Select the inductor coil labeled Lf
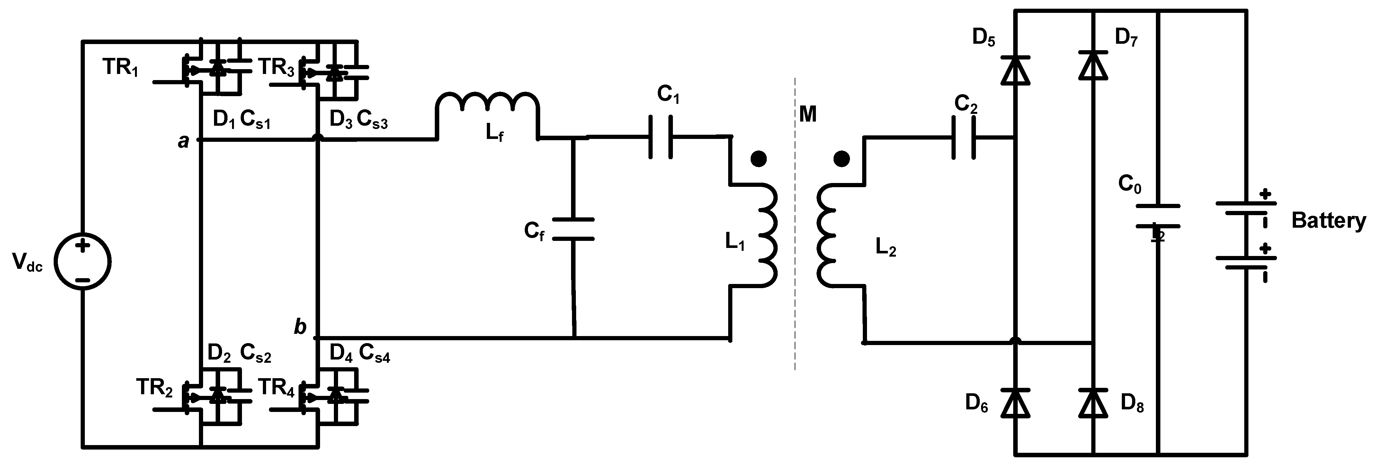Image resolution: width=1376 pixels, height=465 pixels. pos(487,104)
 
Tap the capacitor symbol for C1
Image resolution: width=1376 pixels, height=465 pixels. pos(661,138)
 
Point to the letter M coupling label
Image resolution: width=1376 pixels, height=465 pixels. pos(808,114)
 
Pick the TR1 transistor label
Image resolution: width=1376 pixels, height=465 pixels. pos(120,68)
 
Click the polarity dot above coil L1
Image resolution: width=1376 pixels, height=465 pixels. pos(758,159)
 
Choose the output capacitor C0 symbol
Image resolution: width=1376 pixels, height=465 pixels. pos(1157,216)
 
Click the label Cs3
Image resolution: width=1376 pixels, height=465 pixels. pos(372,120)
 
